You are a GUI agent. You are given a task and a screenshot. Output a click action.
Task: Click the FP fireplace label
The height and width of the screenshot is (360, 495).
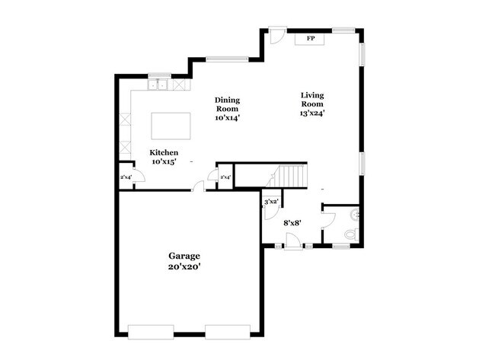point(311,38)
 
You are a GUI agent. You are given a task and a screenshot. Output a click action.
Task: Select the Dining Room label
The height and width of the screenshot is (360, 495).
point(227,109)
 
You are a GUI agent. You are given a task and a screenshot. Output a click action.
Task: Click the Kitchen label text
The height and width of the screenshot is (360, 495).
point(164,158)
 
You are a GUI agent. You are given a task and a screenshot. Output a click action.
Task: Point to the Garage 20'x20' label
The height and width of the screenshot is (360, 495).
point(184,261)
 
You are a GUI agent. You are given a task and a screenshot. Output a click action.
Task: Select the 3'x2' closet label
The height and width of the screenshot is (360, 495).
point(271,202)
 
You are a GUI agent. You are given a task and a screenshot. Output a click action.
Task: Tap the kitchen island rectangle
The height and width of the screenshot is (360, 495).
point(171,124)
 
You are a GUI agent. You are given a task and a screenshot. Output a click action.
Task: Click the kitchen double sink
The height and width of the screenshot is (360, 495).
point(159,85)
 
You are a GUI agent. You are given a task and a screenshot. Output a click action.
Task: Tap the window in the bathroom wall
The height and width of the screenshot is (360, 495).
point(346,245)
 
